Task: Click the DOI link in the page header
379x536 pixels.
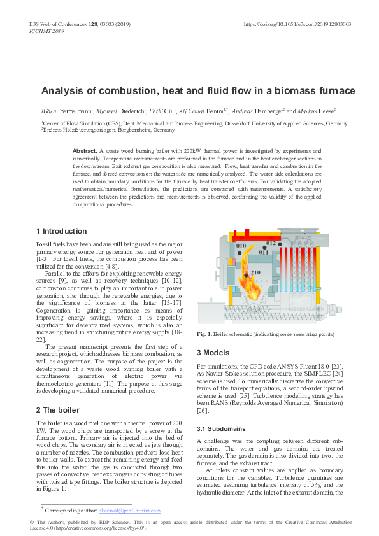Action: (297, 24)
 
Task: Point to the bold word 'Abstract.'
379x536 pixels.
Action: (85, 150)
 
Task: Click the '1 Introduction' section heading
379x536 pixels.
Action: (62, 231)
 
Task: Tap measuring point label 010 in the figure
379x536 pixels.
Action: (241, 246)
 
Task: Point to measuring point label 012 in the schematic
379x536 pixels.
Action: (271, 243)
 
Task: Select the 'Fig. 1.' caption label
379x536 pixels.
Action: (205, 334)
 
